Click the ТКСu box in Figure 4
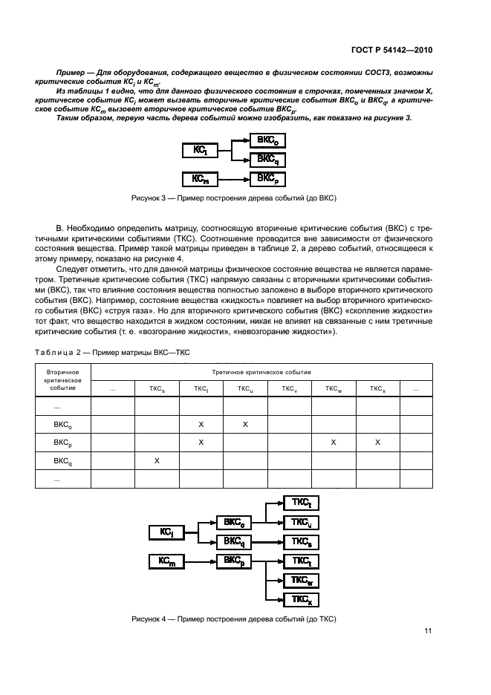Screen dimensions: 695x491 (301, 523)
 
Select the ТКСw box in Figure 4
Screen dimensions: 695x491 (301, 580)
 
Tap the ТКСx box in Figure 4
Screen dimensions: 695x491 (301, 599)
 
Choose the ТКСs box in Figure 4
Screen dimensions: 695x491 (301, 541)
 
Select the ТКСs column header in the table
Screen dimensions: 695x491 (157, 388)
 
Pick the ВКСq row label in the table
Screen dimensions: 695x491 (62, 461)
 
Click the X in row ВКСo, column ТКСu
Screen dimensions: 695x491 (245, 424)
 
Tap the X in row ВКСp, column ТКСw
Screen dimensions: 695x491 (334, 443)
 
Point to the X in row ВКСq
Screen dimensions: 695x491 (157, 461)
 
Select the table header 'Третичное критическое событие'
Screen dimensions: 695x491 (261, 371)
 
